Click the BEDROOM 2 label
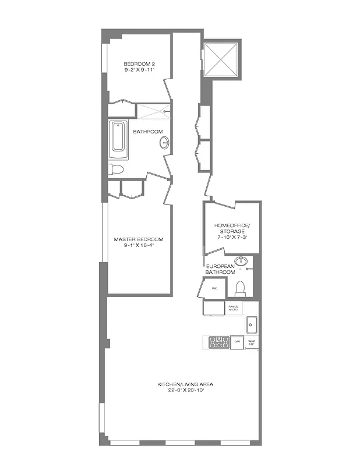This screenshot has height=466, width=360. [139, 63]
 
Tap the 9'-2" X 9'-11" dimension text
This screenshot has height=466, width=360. [139, 69]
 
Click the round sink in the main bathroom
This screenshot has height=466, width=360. [165, 142]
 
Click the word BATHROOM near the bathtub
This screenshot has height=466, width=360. [148, 132]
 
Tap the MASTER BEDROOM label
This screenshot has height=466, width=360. [139, 239]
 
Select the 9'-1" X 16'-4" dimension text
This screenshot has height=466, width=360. [139, 245]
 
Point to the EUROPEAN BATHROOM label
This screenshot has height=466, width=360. [220, 269]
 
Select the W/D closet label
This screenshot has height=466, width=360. [214, 288]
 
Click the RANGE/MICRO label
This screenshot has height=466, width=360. [234, 307]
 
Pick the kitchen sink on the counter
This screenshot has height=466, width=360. [252, 324]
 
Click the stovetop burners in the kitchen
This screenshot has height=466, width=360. [219, 343]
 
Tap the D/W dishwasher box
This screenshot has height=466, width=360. [237, 343]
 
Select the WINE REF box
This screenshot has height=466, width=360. [252, 343]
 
